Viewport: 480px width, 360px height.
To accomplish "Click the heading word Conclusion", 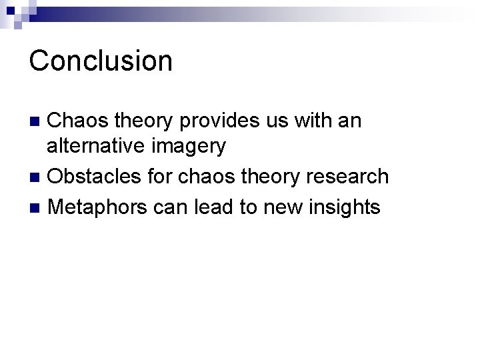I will point(101,61).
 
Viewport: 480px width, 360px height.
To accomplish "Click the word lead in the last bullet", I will point(214,207).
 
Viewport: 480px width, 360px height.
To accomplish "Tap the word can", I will point(171,207).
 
